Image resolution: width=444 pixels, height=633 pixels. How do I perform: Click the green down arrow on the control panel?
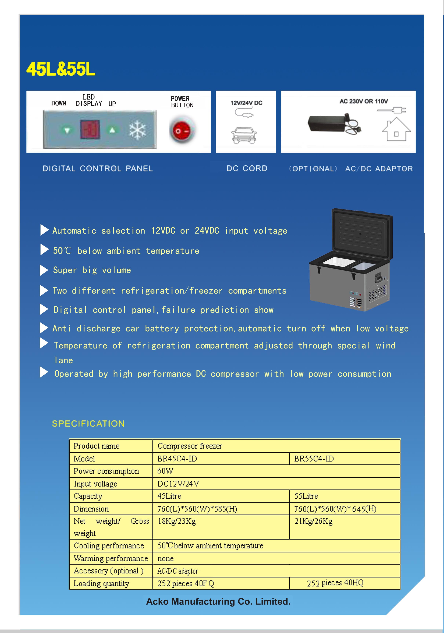click(67, 130)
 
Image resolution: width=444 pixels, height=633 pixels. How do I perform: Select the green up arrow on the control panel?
click(112, 130)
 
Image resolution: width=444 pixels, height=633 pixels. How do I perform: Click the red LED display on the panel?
click(90, 129)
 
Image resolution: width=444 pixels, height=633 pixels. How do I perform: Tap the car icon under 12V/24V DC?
click(244, 135)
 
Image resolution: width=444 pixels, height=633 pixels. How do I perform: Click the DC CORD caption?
click(247, 169)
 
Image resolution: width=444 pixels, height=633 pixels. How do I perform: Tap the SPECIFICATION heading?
click(88, 424)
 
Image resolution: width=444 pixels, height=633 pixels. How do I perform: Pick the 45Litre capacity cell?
click(169, 496)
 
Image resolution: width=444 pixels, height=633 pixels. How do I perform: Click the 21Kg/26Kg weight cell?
click(313, 521)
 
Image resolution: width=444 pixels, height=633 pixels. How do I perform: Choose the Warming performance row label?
click(111, 558)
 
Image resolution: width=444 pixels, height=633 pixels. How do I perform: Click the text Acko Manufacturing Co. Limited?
click(218, 602)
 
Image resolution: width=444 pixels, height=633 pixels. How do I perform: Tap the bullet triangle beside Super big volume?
click(44, 270)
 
